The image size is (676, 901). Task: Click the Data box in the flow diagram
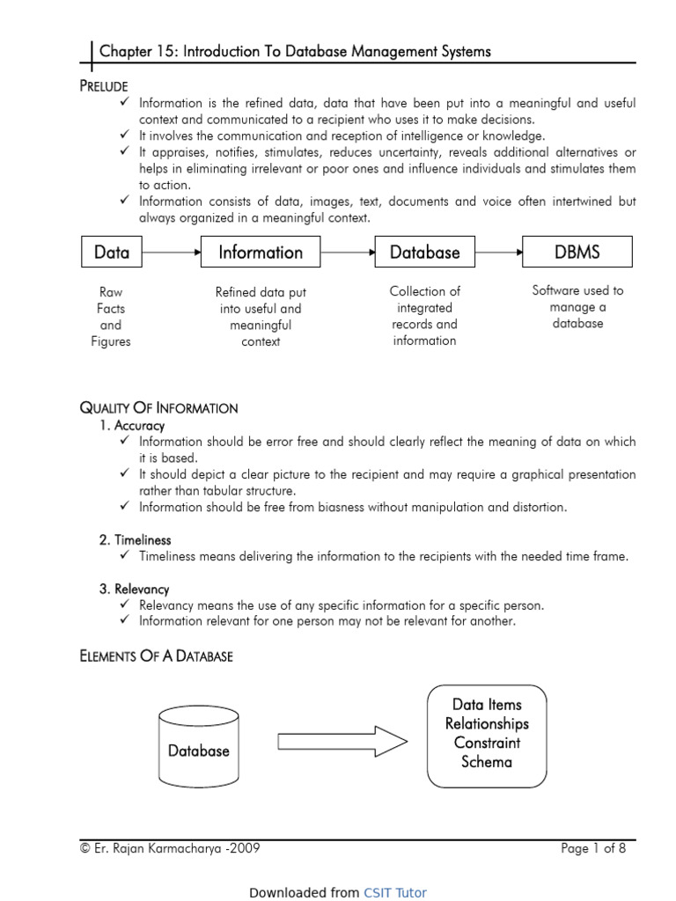pos(111,253)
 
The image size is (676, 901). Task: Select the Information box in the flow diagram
pos(261,253)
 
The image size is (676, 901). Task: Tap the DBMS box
pos(577,253)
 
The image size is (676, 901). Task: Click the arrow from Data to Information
pos(171,253)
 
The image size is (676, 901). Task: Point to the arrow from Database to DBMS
pos(498,253)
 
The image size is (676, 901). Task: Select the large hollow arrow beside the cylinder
pos(342,742)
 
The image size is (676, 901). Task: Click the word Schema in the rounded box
pos(487,762)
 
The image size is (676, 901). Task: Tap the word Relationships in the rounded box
pos(487,724)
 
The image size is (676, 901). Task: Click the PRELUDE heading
pos(104,86)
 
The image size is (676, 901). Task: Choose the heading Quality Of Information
pos(158,408)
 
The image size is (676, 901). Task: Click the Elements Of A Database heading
pos(156,656)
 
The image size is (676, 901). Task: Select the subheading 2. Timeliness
pos(135,540)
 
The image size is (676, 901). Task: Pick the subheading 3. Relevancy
pos(134,590)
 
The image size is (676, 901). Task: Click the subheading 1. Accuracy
pos(132,426)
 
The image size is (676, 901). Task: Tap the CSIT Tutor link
pos(395,892)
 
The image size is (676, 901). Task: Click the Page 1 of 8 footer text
pos(593,849)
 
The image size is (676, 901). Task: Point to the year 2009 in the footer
pos(245,849)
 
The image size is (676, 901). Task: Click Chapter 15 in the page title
pos(131,52)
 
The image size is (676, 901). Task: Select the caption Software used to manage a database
pos(577,307)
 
